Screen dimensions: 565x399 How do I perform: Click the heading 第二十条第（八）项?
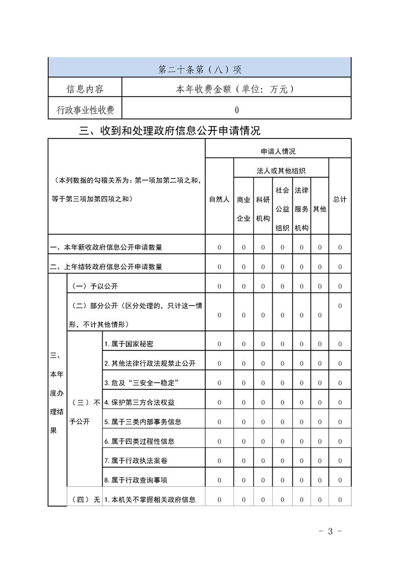click(x=200, y=69)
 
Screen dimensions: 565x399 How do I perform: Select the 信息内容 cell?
click(x=85, y=89)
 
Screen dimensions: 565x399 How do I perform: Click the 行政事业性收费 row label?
click(x=85, y=110)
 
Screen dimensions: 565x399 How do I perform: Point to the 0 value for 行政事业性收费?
click(x=236, y=110)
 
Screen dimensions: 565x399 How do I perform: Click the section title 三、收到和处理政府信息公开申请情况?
click(x=170, y=131)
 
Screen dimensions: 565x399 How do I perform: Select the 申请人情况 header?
click(x=278, y=151)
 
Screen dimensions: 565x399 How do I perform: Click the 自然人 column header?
click(x=219, y=199)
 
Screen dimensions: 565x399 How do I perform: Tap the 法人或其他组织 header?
click(x=281, y=171)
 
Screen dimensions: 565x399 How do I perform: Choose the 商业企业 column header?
click(x=244, y=208)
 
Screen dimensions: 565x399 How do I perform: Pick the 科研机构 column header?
click(x=263, y=208)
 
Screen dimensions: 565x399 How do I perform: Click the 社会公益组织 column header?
click(x=282, y=208)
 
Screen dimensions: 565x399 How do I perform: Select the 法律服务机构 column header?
click(x=301, y=208)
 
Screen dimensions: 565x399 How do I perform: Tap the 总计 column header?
click(x=340, y=199)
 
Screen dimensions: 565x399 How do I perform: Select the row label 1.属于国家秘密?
click(x=129, y=344)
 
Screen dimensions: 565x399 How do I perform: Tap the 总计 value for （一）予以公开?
click(x=340, y=286)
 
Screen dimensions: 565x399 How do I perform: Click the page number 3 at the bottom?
click(x=331, y=531)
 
